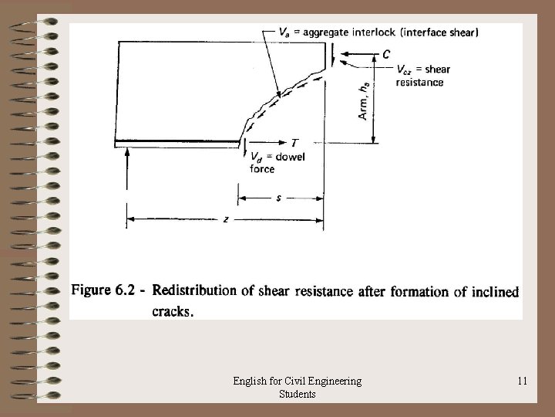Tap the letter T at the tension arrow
click(x=294, y=142)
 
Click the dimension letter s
click(x=278, y=198)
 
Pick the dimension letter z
click(x=225, y=219)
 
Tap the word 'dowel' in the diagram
click(x=291, y=158)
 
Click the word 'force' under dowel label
click(x=262, y=168)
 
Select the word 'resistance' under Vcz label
click(x=419, y=81)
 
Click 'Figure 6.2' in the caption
click(x=106, y=291)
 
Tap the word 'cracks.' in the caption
click(x=173, y=311)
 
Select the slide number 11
click(x=523, y=380)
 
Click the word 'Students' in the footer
click(x=299, y=394)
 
